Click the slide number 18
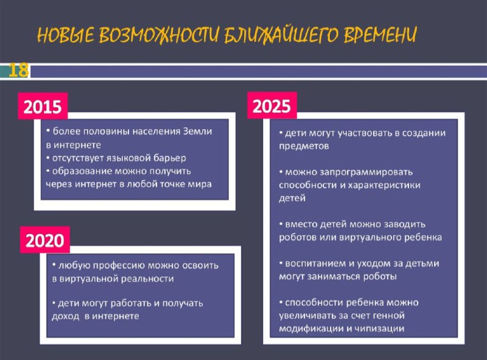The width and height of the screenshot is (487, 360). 18,70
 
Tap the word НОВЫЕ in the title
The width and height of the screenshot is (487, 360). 66,35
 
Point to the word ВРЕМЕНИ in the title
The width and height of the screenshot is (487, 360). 380,34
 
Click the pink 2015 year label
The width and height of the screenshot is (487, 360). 43,107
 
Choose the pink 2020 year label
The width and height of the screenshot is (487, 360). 44,240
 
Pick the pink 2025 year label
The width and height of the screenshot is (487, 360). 272,106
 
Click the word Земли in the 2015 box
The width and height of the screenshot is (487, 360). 197,131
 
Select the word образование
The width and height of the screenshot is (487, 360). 82,171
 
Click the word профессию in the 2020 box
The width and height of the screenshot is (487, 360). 118,266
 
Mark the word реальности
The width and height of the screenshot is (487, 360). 147,278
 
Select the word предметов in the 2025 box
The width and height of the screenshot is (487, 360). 304,146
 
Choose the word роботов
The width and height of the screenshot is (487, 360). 297,238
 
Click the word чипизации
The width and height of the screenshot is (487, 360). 379,328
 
